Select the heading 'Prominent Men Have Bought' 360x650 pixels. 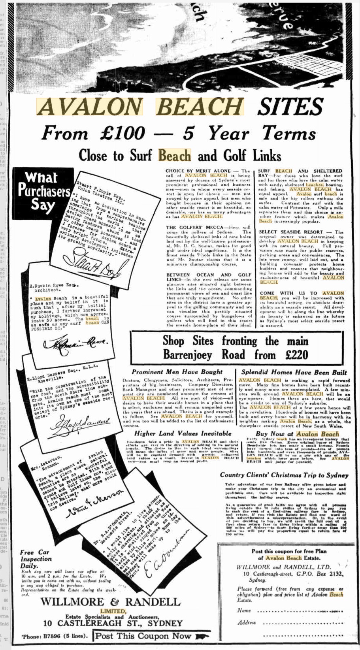(177, 372)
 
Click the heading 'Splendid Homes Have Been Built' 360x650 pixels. (294, 372)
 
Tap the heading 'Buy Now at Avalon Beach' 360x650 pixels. (297, 434)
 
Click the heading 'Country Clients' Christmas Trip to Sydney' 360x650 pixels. (284, 475)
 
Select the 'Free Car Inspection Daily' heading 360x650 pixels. (36, 559)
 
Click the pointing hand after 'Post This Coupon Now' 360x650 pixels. (202, 636)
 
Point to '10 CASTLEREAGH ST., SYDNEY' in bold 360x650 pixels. (113, 623)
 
